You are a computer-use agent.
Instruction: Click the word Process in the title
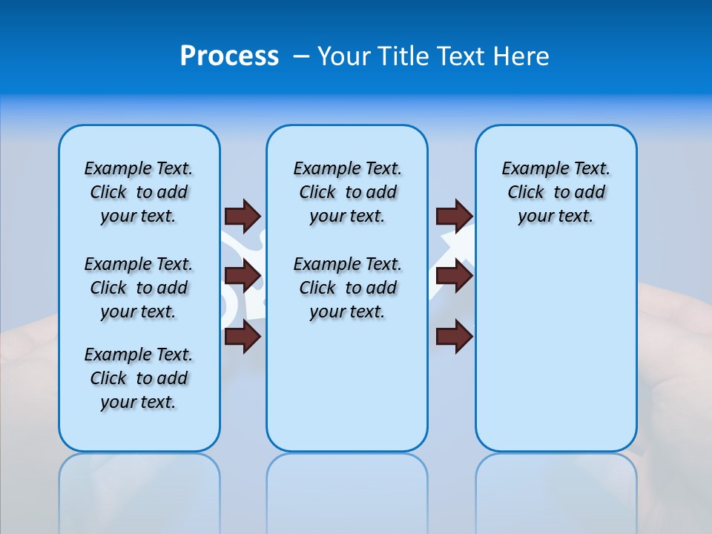[x=229, y=56]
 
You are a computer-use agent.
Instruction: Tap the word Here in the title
[x=521, y=56]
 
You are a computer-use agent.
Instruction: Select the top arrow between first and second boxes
[x=242, y=216]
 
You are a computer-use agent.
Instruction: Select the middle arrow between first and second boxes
[x=242, y=277]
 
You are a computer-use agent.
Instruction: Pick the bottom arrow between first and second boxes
[x=242, y=337]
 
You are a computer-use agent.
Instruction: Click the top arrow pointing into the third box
[x=454, y=216]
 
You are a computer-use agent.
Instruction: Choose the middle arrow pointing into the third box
[x=454, y=277]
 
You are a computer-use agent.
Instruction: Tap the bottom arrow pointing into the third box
[x=454, y=337]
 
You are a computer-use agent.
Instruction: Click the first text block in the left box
[x=139, y=192]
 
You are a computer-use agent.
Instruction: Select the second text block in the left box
[x=139, y=288]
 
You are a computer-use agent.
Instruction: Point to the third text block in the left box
[x=139, y=378]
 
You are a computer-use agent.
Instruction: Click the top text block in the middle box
[x=347, y=192]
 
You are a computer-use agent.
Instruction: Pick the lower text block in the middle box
[x=347, y=288]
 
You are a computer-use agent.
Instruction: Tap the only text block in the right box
[x=556, y=192]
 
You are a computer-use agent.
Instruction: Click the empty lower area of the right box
[x=556, y=349]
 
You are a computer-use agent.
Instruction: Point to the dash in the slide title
[x=302, y=56]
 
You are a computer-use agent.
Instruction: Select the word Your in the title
[x=346, y=56]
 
